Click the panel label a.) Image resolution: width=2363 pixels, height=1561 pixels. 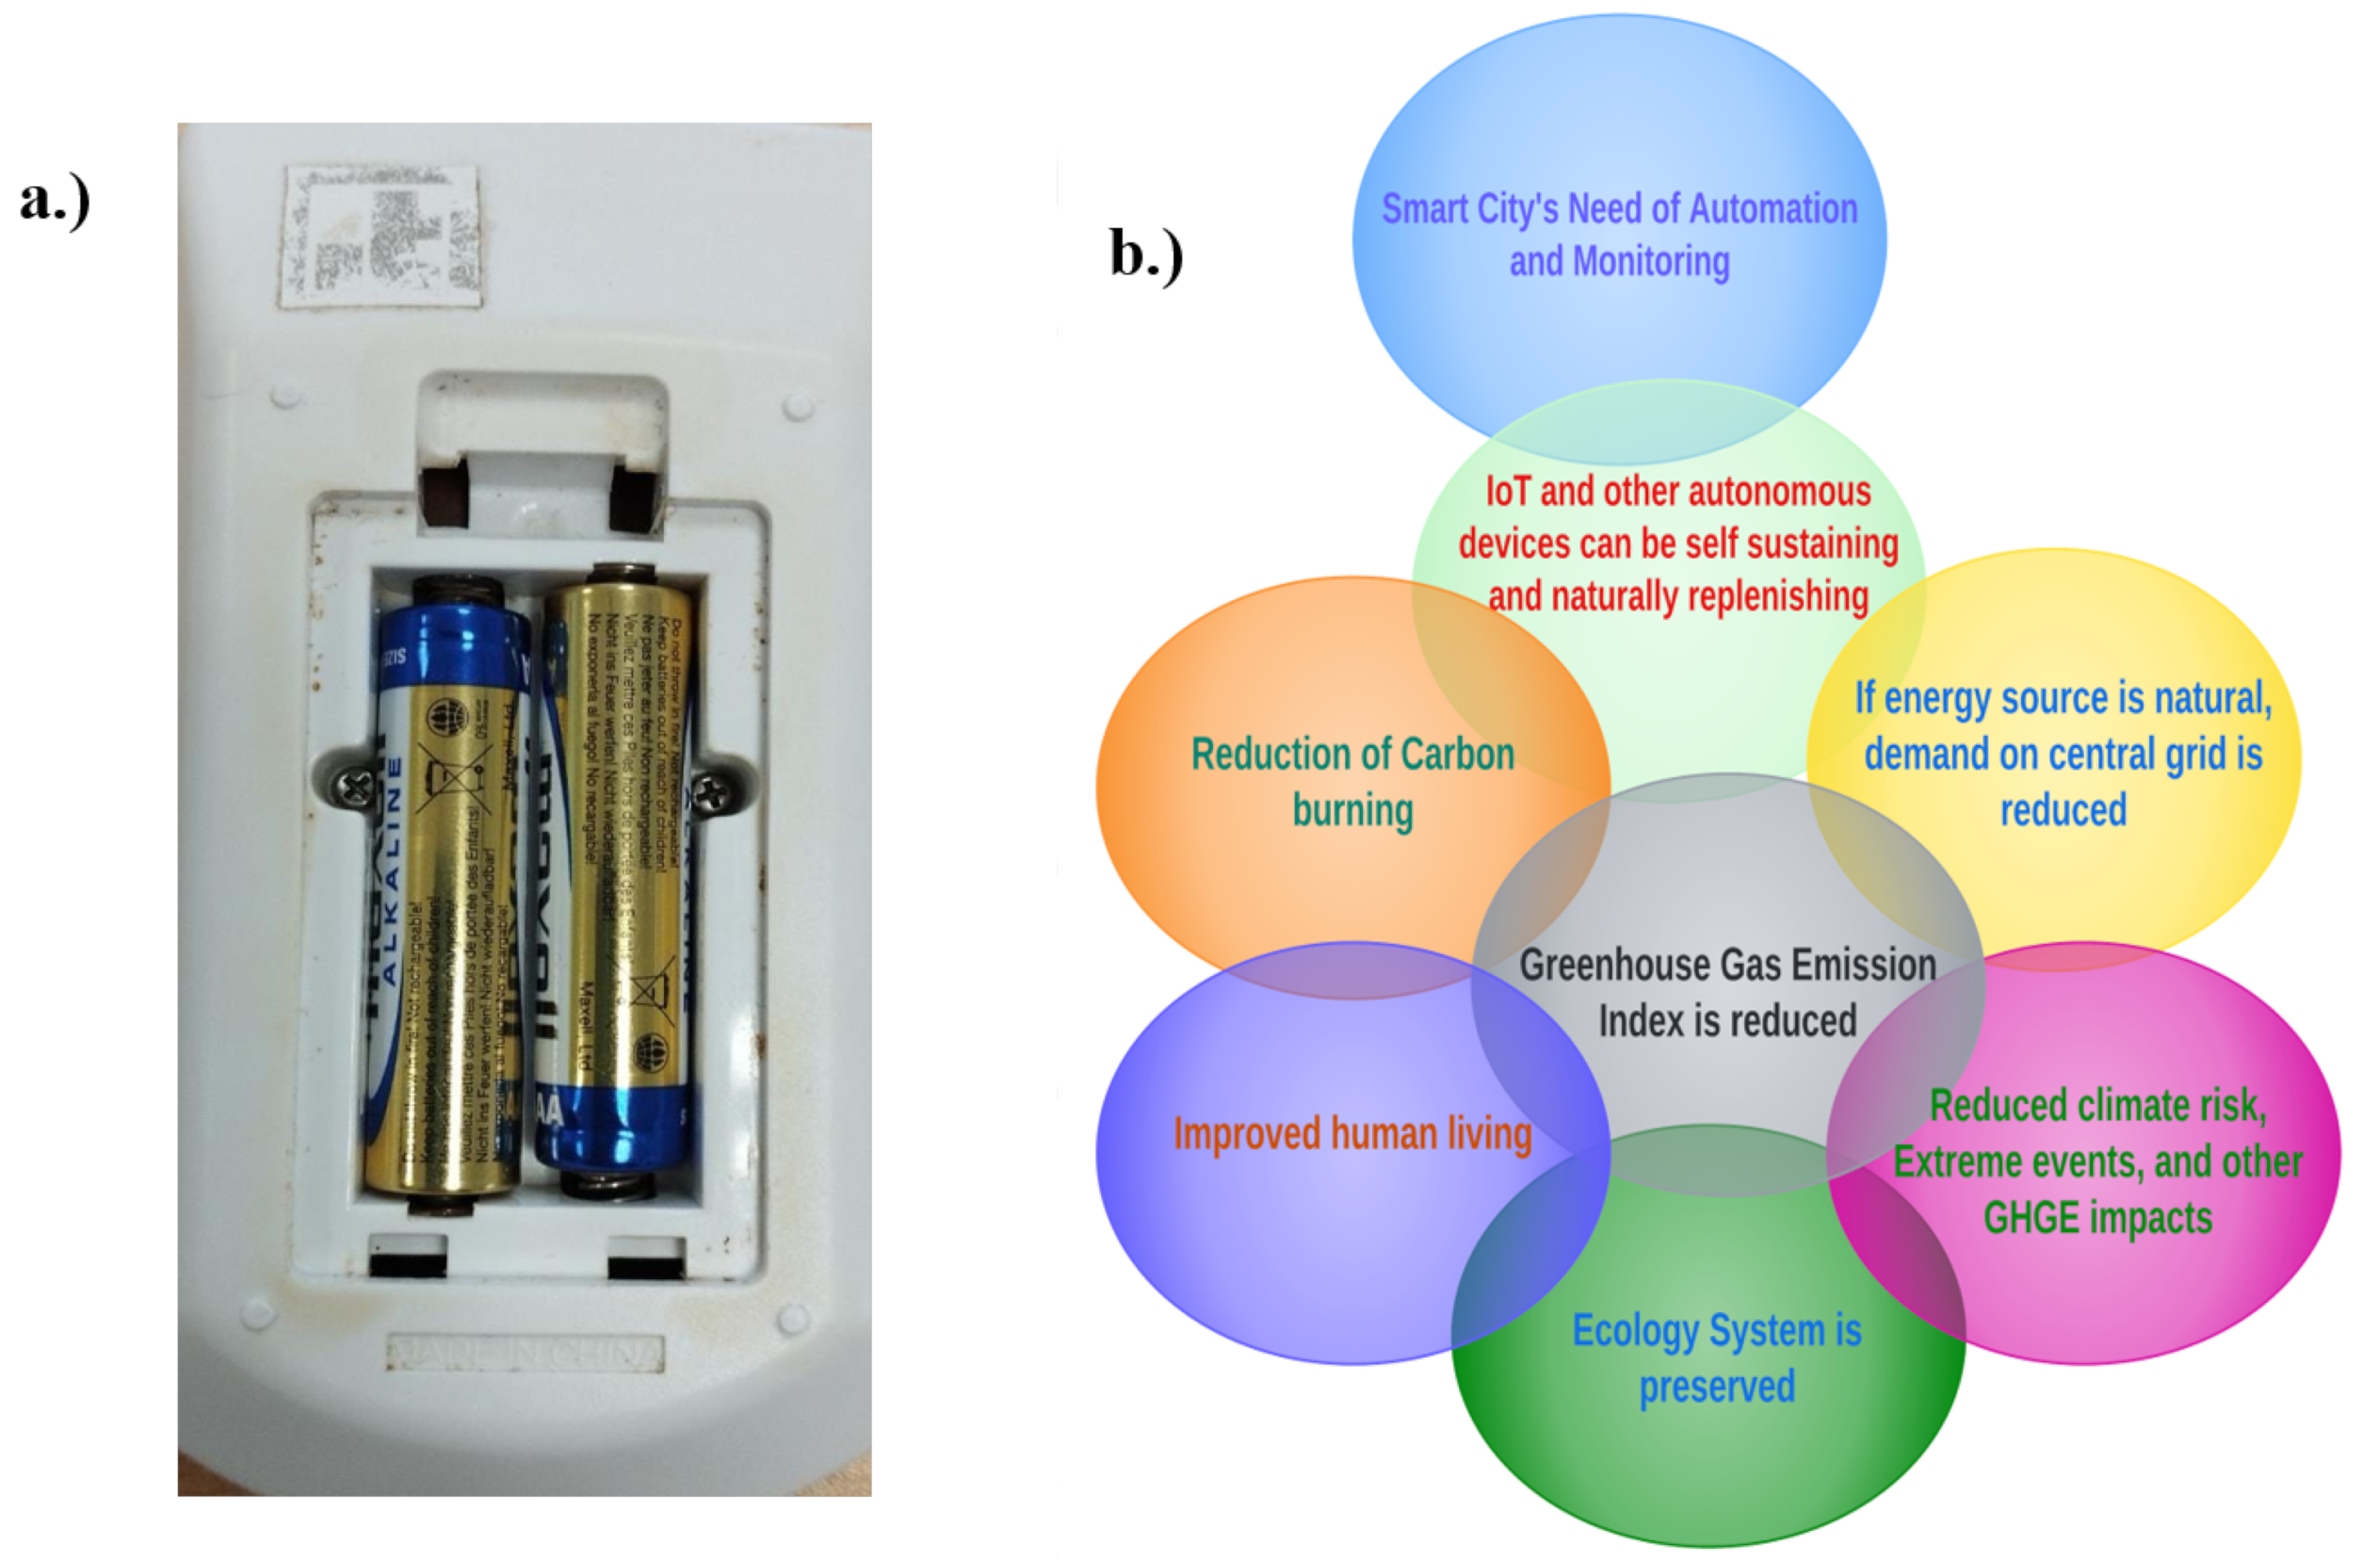55,199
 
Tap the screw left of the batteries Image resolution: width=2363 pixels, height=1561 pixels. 354,789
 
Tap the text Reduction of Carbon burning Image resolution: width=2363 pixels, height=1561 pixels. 1351,782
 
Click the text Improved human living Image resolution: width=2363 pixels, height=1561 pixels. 1351,1134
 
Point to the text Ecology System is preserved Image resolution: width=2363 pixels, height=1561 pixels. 1716,1358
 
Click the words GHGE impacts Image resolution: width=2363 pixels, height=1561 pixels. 2097,1217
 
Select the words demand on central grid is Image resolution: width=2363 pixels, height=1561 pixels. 2063,755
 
